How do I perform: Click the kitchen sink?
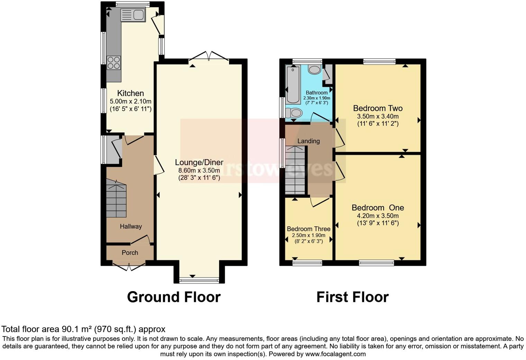(x=133, y=15)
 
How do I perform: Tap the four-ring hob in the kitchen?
(x=114, y=63)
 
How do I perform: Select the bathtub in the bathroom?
(x=293, y=85)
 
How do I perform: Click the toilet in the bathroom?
(x=294, y=112)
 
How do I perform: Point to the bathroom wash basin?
(x=315, y=70)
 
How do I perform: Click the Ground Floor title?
(x=174, y=297)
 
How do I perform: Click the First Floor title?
(x=352, y=297)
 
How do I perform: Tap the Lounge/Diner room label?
(x=199, y=162)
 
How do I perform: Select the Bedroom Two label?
(x=378, y=108)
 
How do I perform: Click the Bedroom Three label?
(x=308, y=229)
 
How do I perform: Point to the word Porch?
(x=130, y=253)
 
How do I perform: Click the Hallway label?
(x=131, y=226)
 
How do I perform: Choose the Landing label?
(x=308, y=141)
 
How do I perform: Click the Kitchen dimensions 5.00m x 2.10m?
(x=130, y=101)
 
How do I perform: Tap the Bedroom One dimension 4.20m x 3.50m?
(x=378, y=216)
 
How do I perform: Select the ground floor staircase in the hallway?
(x=116, y=199)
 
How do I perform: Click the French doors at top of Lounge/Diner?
(x=209, y=56)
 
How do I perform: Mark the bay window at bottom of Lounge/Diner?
(x=199, y=280)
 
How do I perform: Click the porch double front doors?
(x=129, y=267)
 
